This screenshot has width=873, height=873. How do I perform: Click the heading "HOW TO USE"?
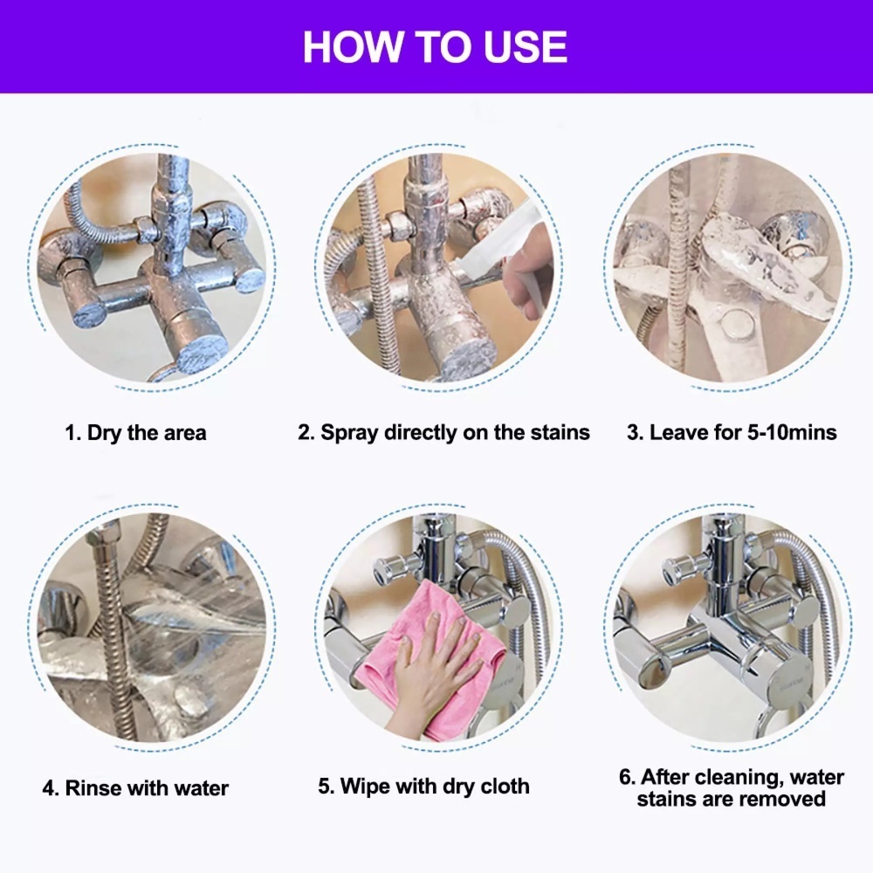[435, 47]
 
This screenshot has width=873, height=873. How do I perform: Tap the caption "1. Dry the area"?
[135, 433]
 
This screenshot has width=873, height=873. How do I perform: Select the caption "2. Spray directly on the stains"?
[443, 433]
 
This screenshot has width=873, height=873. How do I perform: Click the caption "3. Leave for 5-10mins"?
[732, 433]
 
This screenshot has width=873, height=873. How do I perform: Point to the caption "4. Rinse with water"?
[135, 787]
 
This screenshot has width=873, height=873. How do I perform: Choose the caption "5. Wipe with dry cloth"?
[423, 787]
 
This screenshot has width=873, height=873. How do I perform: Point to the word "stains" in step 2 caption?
[560, 433]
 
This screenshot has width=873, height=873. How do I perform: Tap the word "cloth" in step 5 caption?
[505, 787]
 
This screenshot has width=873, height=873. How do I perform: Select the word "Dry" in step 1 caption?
[105, 433]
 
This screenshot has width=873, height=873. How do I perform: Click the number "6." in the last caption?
[627, 777]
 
